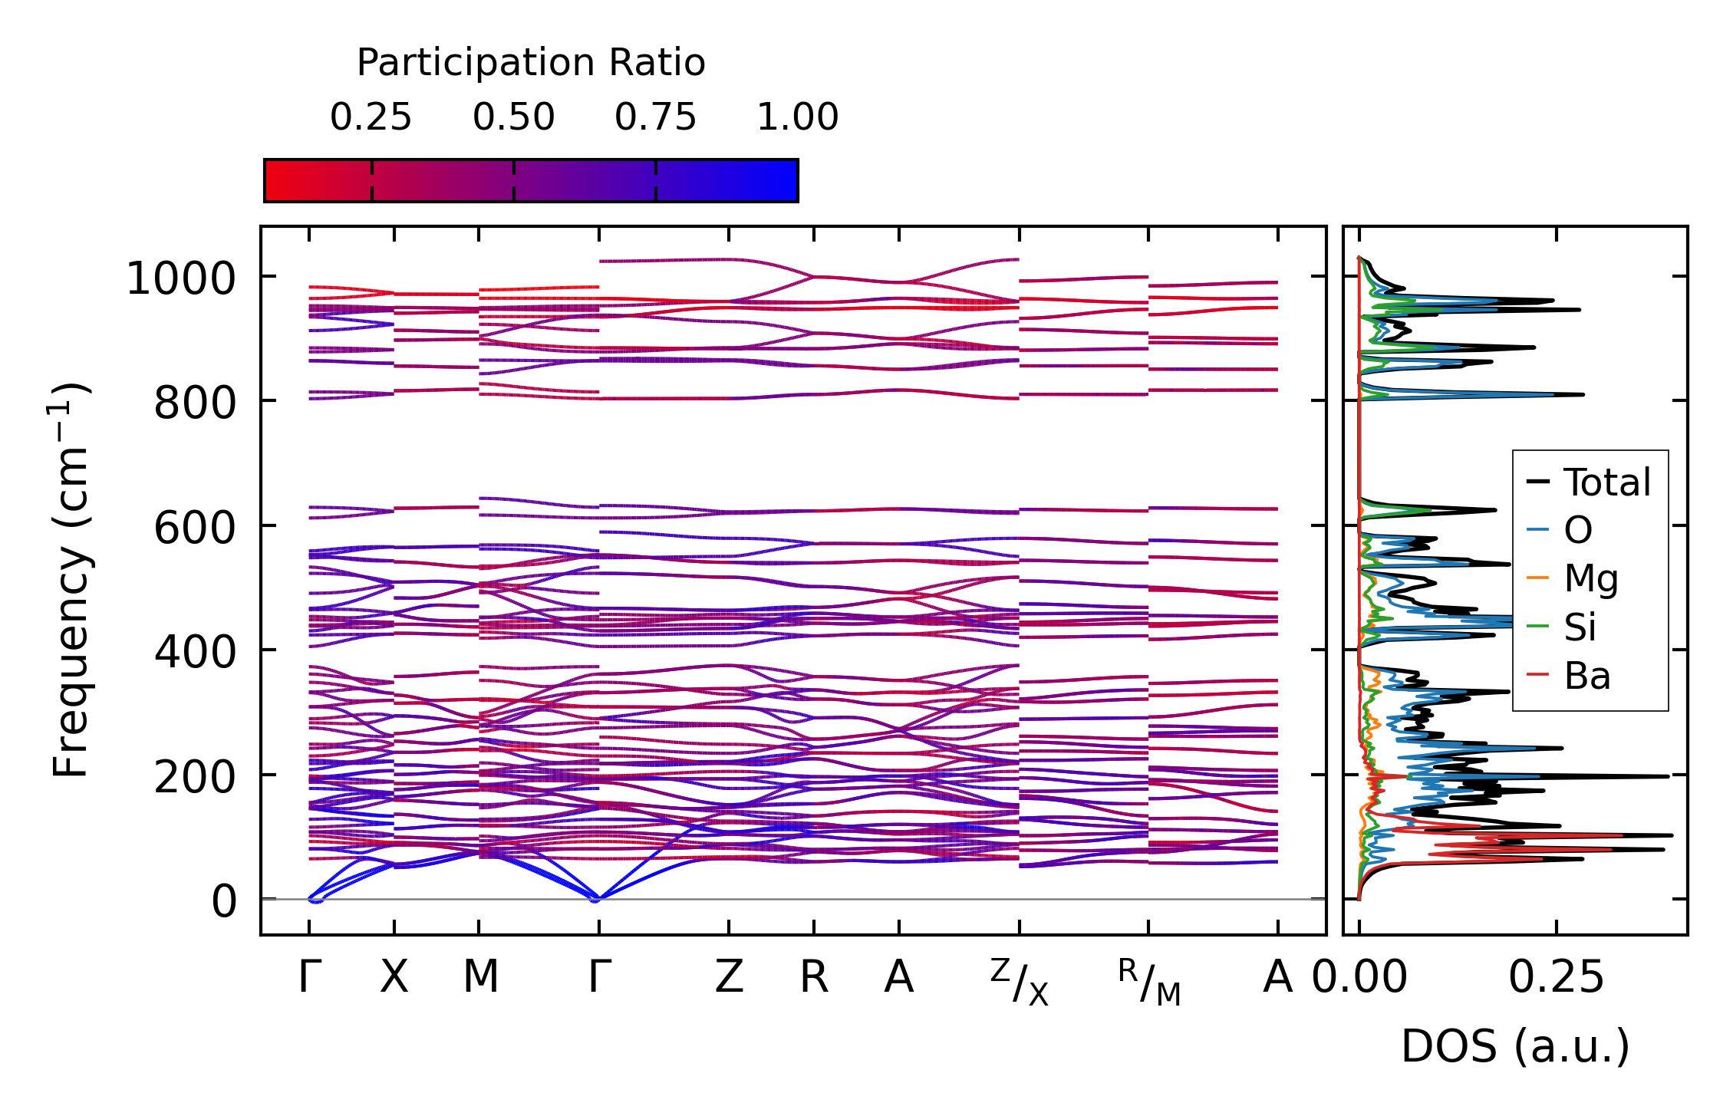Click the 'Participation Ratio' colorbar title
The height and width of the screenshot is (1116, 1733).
click(x=531, y=62)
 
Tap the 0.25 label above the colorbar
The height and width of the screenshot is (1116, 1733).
click(x=371, y=117)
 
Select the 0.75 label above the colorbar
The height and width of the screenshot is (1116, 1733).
click(x=655, y=117)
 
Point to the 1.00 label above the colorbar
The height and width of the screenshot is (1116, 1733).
click(x=798, y=117)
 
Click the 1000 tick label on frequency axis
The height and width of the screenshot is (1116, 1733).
click(x=181, y=278)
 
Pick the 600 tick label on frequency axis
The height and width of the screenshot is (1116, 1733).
click(x=195, y=528)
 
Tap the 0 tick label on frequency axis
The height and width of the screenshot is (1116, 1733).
click(x=224, y=901)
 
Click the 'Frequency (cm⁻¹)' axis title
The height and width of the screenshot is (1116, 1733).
click(x=71, y=580)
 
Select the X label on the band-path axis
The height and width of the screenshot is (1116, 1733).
click(x=394, y=977)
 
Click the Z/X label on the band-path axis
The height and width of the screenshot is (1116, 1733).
click(x=1019, y=982)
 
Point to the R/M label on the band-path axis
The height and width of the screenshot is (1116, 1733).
click(x=1148, y=982)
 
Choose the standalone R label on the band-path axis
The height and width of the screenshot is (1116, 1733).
click(x=814, y=977)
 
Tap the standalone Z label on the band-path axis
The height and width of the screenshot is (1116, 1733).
click(x=729, y=977)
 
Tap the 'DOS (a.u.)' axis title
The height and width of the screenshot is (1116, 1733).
click(x=1515, y=1046)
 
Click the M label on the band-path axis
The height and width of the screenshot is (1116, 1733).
click(x=480, y=977)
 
